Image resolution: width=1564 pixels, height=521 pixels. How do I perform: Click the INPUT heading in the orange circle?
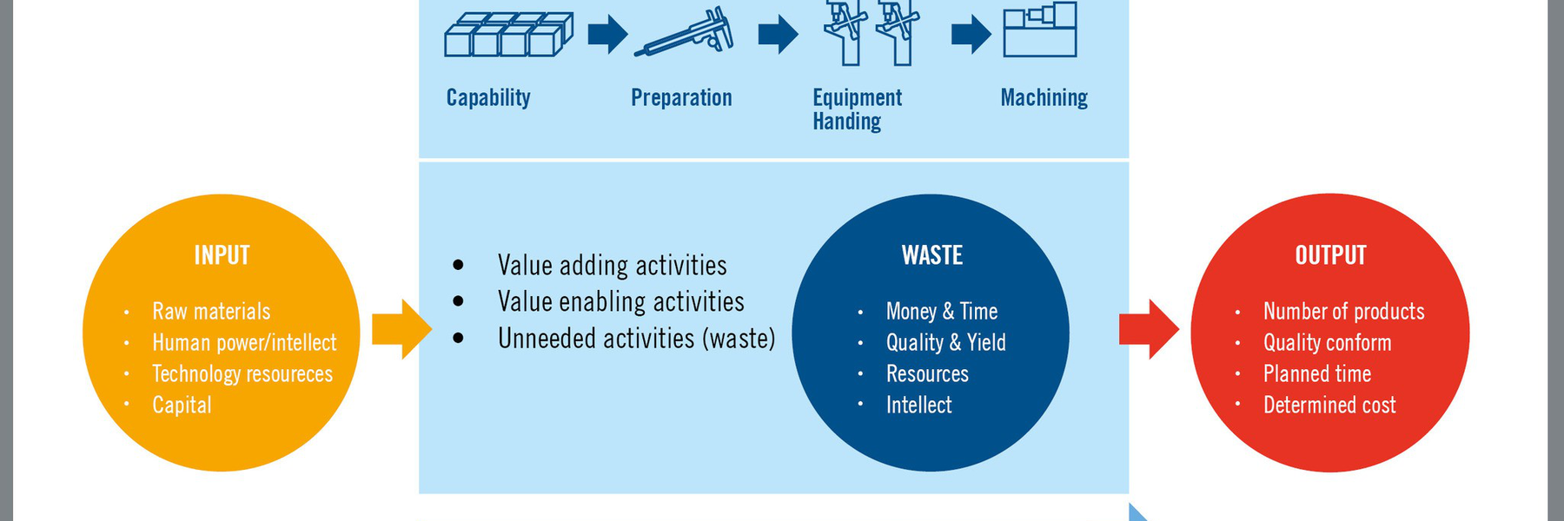(222, 255)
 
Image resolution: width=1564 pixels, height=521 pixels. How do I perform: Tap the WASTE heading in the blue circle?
(932, 255)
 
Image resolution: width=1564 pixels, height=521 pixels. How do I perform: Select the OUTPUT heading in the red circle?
(1330, 255)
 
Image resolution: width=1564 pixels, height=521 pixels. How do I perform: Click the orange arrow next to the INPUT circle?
(401, 329)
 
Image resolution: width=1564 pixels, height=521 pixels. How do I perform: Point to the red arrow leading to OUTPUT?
(1149, 329)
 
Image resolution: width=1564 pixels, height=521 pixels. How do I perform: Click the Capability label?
(488, 97)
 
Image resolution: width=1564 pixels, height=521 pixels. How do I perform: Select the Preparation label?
(681, 97)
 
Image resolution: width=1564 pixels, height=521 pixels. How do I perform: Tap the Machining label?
(1044, 97)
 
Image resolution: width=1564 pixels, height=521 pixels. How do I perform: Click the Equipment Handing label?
(857, 109)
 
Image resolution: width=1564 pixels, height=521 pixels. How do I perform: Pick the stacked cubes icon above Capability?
(508, 35)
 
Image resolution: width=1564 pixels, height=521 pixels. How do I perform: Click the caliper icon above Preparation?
(684, 33)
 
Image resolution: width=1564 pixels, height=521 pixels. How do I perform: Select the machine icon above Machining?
(1040, 30)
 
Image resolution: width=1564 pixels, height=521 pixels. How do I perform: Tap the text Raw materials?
(211, 311)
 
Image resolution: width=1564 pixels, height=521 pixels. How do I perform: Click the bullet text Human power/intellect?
(244, 342)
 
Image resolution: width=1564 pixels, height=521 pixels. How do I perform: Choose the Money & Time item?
(942, 311)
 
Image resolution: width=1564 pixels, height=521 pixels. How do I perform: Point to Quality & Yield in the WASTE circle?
(946, 342)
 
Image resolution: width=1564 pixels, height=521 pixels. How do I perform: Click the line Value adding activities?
(613, 265)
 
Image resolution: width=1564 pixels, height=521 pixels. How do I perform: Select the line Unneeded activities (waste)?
(636, 338)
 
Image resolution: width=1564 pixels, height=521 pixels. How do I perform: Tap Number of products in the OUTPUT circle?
(1344, 311)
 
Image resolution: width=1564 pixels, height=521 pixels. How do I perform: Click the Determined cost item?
(1329, 405)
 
